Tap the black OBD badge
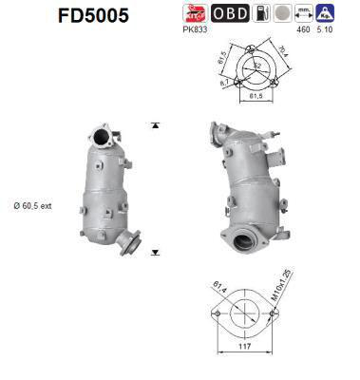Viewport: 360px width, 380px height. (x=230, y=13)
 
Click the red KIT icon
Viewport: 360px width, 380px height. (x=193, y=13)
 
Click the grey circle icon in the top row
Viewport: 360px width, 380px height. (x=282, y=13)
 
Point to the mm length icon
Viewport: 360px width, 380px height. (x=304, y=13)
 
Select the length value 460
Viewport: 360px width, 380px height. (x=304, y=30)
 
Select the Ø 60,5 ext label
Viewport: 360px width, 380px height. (x=33, y=203)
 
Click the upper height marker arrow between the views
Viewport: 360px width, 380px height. (x=155, y=124)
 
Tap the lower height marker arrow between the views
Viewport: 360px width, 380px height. (x=155, y=253)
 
